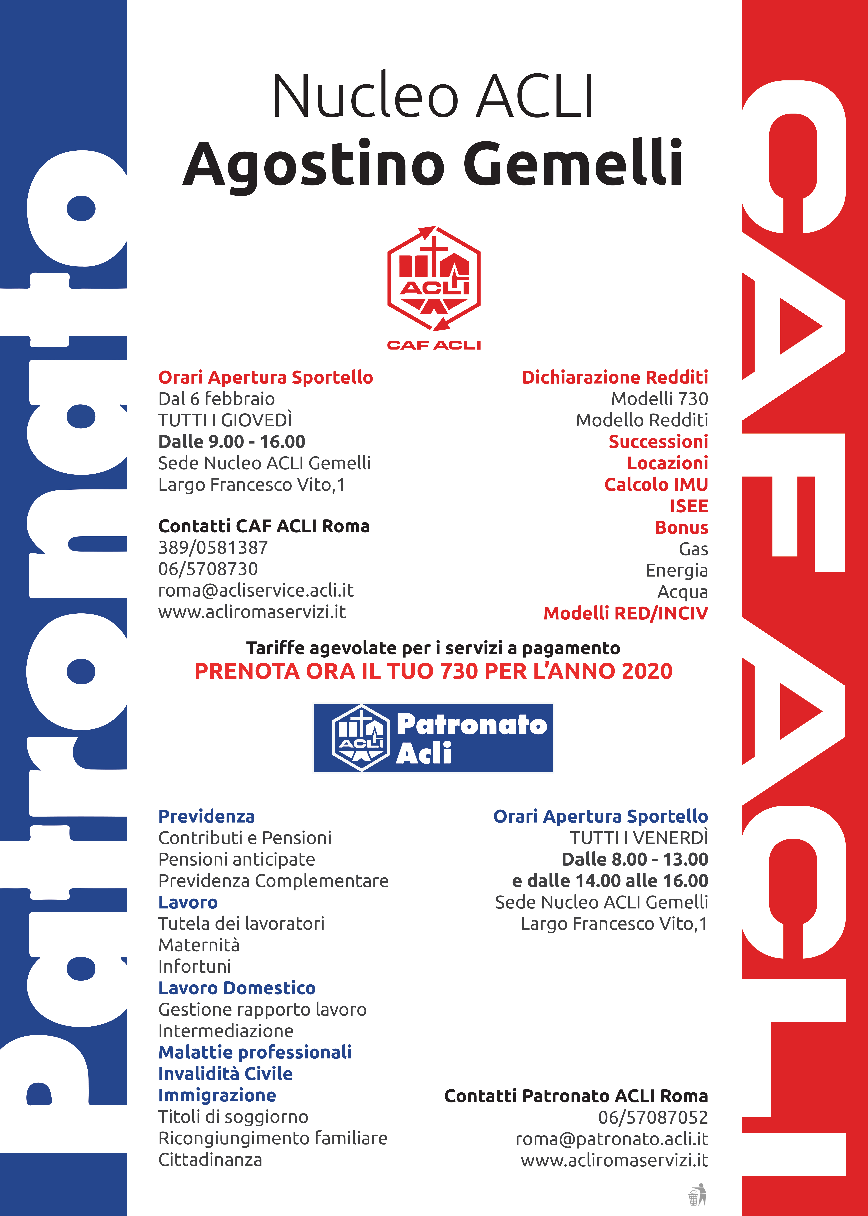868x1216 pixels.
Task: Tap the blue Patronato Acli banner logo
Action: pos(433,738)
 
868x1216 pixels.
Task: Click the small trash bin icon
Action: pos(697,1195)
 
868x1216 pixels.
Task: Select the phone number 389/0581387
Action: pos(213,548)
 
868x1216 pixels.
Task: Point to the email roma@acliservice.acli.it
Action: pos(255,590)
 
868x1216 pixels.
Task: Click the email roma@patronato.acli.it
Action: pos(611,1139)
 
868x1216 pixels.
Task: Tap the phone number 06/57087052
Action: pos(653,1118)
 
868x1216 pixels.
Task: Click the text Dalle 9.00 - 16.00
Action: pos(231,442)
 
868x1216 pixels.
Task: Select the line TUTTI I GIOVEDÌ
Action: pos(225,420)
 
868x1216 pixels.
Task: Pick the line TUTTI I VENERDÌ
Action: pos(639,838)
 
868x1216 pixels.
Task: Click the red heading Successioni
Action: pos(658,442)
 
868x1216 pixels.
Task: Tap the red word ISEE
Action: pos(689,506)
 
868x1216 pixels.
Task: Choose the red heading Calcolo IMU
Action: pos(656,484)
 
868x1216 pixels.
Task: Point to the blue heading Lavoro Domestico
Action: pos(237,988)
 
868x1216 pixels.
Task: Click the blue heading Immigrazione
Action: pos(217,1096)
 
